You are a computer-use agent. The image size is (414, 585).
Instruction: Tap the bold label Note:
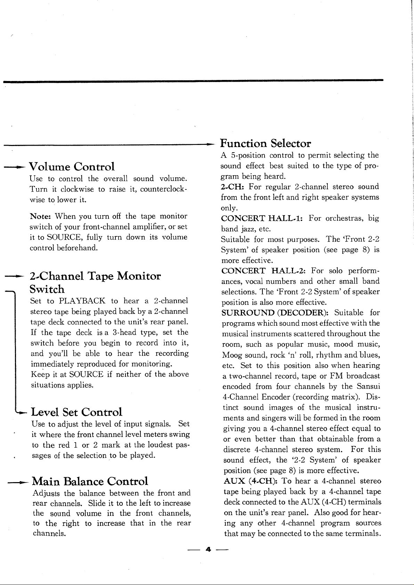point(40,216)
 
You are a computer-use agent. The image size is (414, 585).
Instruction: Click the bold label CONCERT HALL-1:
point(262,219)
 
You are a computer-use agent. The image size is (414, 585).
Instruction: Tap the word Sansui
point(368,386)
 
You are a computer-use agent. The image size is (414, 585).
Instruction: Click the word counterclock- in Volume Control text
point(164,190)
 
